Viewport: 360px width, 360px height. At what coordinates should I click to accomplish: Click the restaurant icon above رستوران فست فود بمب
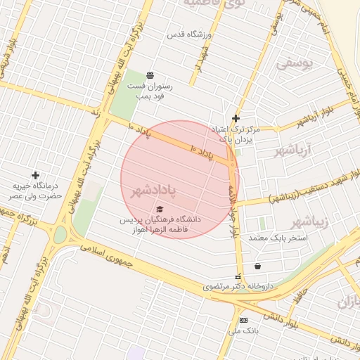click(150, 75)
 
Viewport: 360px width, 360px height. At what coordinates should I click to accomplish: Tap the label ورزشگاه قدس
click(186, 34)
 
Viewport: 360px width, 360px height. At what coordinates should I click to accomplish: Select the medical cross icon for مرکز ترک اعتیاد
click(236, 119)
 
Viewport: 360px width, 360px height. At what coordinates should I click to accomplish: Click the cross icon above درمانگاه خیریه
click(35, 175)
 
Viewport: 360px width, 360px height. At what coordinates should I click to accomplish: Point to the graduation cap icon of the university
click(160, 209)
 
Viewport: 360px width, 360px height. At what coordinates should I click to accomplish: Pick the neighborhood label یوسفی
click(292, 63)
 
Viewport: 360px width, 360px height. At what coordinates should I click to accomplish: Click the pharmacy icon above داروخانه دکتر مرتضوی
click(238, 276)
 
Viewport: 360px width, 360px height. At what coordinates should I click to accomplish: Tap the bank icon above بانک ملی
click(243, 320)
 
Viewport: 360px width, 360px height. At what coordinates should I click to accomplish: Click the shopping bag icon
click(258, 266)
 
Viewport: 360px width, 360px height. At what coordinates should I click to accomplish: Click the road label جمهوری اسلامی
click(110, 255)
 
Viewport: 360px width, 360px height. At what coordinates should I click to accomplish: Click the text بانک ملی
click(247, 330)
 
